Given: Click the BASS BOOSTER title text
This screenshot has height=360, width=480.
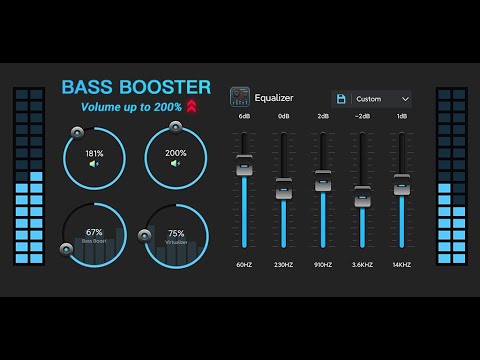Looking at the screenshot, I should pos(136,87).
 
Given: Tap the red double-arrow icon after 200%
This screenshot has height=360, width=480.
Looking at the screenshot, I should pos(191,106).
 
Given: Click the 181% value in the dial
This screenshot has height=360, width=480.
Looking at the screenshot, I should pos(94,153).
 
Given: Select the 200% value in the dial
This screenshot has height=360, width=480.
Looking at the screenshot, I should pos(176,153).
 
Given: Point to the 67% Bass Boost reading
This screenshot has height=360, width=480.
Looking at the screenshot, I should pos(94,232).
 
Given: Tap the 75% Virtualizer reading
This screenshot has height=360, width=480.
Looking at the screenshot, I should pos(176,232).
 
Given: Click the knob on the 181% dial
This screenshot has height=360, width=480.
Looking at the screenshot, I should pos(77,131).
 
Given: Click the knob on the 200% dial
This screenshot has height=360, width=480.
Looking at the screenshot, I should pos(176,126).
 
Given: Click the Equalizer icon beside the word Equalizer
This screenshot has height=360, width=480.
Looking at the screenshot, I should pos(240,98).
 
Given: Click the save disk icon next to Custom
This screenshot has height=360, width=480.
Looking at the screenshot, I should pos(342,99).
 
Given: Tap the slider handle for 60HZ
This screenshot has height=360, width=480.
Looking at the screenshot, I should pos(244,166).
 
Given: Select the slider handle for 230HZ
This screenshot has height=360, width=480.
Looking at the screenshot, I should pos(284,187).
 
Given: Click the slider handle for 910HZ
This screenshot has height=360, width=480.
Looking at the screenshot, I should pos(323,180).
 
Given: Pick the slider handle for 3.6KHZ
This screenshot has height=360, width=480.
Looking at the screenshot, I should pos(362,194).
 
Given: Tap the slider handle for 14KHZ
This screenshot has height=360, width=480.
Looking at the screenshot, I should pos(402,184).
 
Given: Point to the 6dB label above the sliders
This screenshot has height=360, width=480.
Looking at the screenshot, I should pos(244,117).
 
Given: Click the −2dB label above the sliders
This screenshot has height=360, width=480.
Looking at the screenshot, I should pos(362,117).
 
